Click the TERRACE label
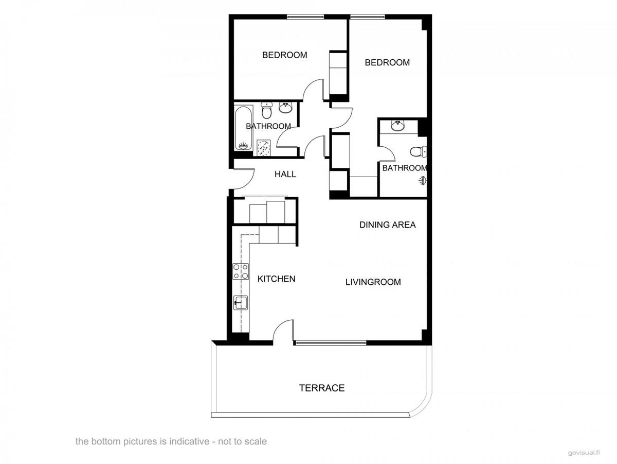point(322,388)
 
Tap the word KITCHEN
point(276,279)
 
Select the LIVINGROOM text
point(373,282)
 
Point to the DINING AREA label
point(387,225)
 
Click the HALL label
point(285,174)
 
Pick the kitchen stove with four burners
point(240,271)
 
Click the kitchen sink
point(241,302)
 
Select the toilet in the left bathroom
point(266,110)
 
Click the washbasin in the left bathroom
point(285,107)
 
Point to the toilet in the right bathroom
point(419,151)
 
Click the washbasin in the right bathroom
point(398,125)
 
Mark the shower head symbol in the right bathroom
point(423,180)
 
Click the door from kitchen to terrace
point(284,331)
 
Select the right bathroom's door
point(386,152)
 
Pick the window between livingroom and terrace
point(330,342)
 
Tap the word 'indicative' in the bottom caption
point(180,441)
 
